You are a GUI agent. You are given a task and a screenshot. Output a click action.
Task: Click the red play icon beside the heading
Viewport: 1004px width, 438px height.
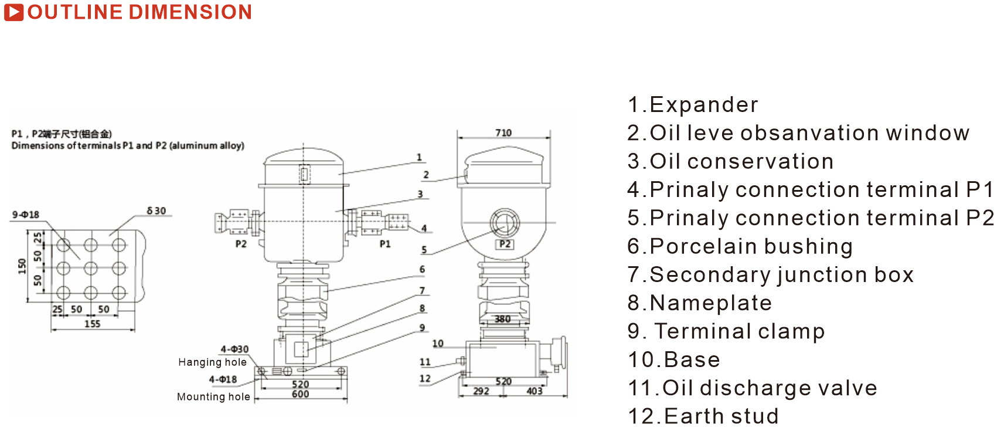point(13,12)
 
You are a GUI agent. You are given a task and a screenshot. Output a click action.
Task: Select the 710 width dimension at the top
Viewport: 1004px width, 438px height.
point(503,133)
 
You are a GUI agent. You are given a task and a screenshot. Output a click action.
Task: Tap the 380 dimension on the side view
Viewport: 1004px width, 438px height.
point(502,319)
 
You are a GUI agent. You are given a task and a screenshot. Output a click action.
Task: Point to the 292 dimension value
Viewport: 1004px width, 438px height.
point(481,391)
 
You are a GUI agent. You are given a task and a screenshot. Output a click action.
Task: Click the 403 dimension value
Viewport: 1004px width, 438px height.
point(535,391)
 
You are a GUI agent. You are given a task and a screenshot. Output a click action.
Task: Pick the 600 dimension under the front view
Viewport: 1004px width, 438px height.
point(300,395)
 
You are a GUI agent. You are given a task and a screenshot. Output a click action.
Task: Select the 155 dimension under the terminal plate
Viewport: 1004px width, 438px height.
point(93,324)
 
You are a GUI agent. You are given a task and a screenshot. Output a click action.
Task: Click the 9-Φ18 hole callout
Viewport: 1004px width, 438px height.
point(26,215)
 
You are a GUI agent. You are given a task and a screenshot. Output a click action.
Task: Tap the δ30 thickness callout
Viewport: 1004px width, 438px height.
point(156,210)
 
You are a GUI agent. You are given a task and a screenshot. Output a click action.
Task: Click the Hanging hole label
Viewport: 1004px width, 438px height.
point(212,362)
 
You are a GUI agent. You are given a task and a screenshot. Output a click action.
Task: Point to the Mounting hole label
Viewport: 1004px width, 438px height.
point(213,397)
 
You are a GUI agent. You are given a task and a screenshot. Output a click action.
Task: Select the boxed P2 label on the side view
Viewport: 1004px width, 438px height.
point(505,244)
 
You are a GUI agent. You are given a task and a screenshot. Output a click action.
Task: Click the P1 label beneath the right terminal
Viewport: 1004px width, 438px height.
point(385,244)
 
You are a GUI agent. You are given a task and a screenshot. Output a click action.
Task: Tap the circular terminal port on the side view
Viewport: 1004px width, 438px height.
point(504,223)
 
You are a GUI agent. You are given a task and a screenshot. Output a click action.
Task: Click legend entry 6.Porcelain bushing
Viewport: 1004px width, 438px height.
point(740,246)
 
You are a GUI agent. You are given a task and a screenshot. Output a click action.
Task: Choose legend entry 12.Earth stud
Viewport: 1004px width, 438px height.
point(703,416)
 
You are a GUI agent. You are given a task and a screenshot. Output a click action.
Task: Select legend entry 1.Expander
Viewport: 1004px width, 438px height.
point(693,105)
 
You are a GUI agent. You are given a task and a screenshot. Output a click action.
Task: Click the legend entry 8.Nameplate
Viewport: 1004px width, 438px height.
point(700,303)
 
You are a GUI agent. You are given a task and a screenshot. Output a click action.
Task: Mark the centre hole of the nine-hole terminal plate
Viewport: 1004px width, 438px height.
point(91,269)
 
